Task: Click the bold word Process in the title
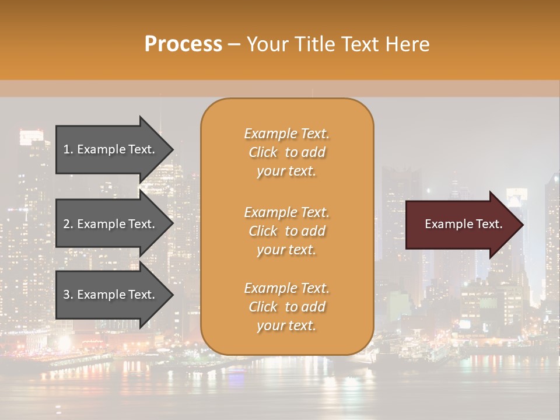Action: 183,44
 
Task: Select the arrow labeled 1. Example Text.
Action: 111,149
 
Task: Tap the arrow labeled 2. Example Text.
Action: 111,224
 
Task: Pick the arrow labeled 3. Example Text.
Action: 111,295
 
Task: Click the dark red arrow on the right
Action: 461,224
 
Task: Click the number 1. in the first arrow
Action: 68,149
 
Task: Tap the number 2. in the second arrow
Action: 68,224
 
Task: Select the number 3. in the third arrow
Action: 68,295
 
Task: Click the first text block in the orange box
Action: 286,152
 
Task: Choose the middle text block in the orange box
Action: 286,231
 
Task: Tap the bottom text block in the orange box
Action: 286,307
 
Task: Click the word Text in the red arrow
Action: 489,224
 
